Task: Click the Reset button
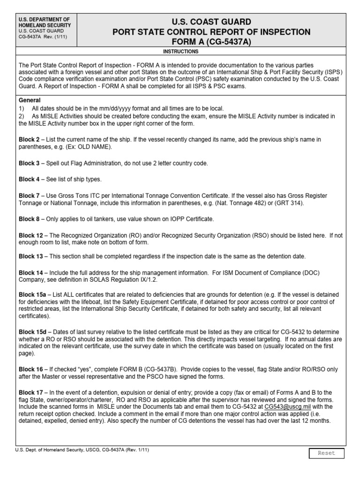pos(326,453)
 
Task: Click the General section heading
pos(30,100)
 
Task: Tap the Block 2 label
pos(29,140)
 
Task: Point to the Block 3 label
pos(29,163)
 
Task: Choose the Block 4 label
pos(29,179)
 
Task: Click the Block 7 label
pos(29,195)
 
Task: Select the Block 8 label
pos(29,218)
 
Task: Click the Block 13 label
pos(30,256)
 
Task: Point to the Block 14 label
pos(30,272)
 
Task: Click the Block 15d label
pos(32,331)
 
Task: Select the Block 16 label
pos(30,369)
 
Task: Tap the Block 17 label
pos(30,392)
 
